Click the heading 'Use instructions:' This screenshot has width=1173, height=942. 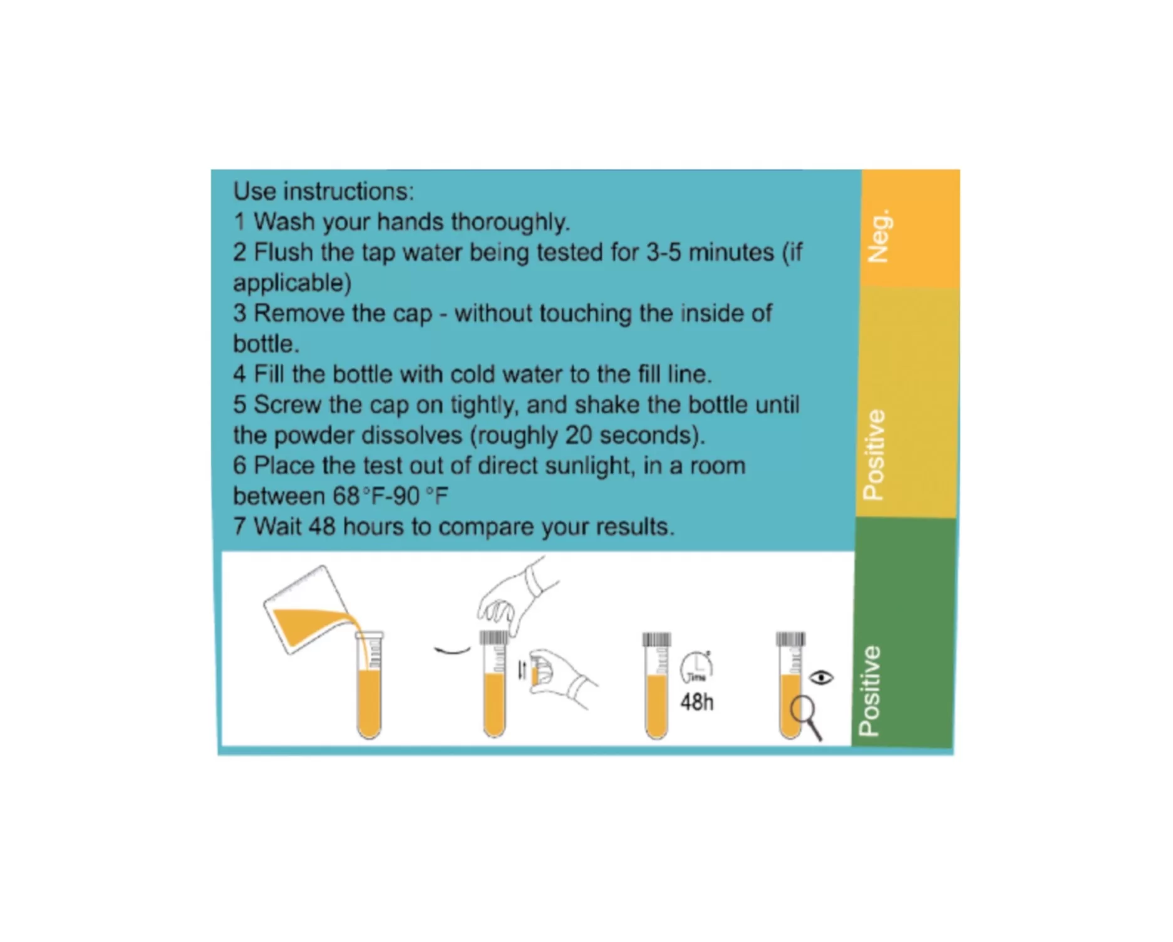tap(323, 191)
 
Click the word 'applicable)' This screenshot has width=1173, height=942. tap(292, 283)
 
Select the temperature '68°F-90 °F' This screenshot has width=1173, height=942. tap(391, 496)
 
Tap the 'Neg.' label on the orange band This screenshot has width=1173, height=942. tap(878, 236)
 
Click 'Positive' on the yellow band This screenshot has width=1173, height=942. tap(874, 454)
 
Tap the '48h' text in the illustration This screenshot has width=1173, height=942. tap(697, 702)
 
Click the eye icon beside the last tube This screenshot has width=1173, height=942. tap(821, 678)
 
